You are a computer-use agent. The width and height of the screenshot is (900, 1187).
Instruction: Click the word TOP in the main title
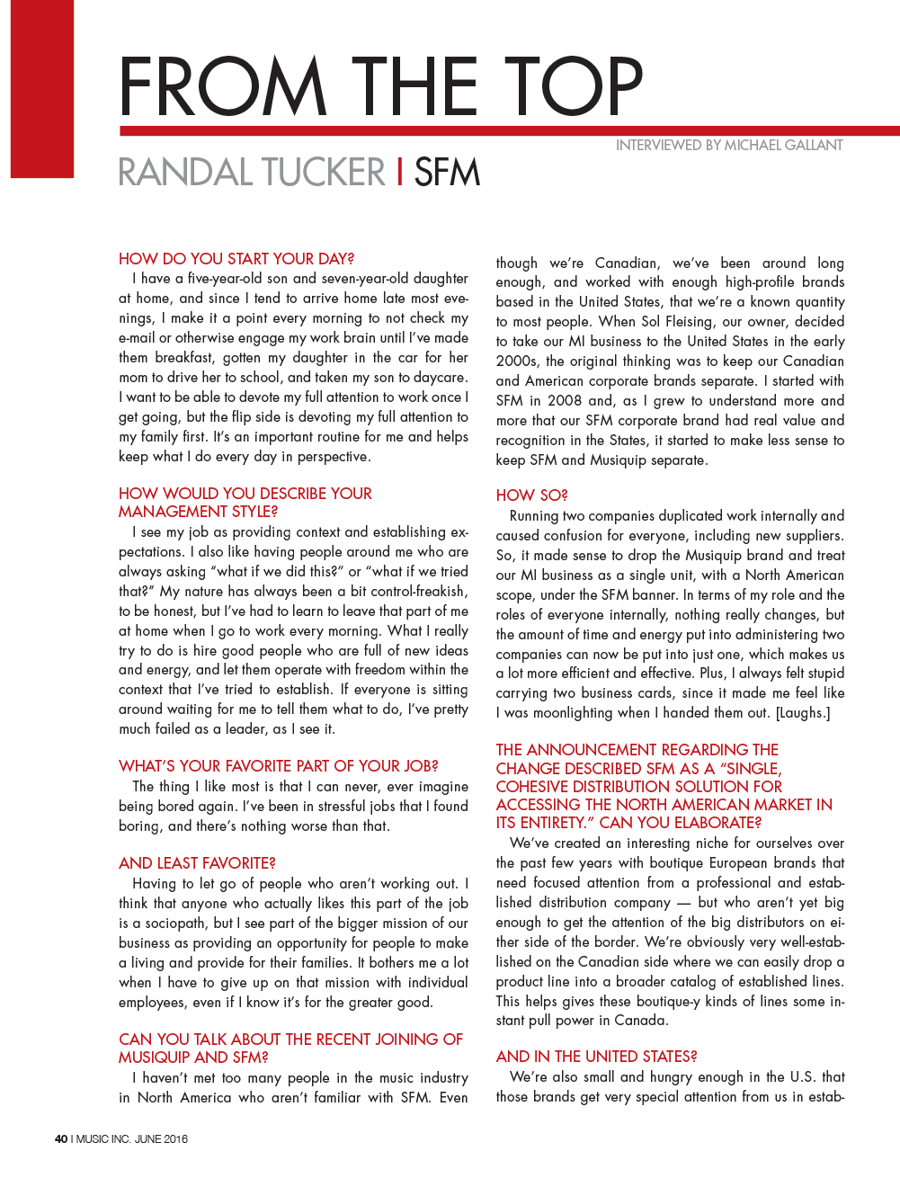573,87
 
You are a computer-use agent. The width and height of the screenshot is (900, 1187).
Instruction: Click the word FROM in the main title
222,87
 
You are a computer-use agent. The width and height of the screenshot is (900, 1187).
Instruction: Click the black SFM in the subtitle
447,173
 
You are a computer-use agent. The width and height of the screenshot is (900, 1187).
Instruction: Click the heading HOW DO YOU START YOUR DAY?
236,259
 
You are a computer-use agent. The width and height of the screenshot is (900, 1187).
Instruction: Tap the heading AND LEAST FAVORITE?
197,863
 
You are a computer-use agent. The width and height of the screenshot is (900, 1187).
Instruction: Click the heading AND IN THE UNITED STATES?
596,1057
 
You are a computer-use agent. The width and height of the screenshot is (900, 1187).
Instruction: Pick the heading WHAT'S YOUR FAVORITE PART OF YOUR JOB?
278,766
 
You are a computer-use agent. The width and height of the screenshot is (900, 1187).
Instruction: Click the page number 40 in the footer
61,1139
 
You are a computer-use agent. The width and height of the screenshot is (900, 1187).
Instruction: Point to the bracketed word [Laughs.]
803,713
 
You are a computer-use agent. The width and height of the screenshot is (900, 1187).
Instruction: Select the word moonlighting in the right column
572,713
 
